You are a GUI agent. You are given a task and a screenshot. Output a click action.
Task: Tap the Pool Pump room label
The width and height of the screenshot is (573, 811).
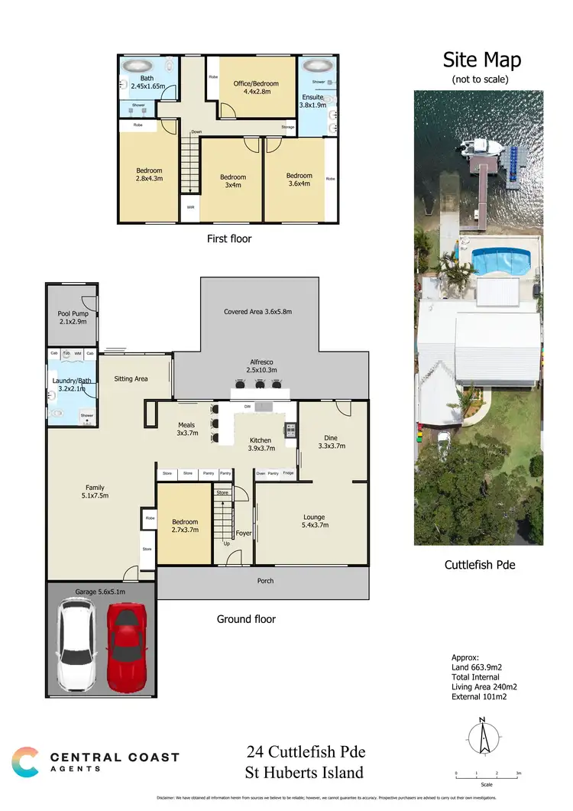point(73,317)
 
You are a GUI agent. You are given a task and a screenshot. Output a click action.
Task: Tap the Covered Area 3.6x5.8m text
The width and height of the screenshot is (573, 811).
point(257,312)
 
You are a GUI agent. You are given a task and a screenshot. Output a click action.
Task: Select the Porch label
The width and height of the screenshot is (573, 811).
point(265,581)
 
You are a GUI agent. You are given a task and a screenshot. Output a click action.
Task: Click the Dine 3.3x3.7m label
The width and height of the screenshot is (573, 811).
point(331,441)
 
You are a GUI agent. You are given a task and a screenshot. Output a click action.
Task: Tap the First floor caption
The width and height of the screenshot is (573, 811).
point(229,238)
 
